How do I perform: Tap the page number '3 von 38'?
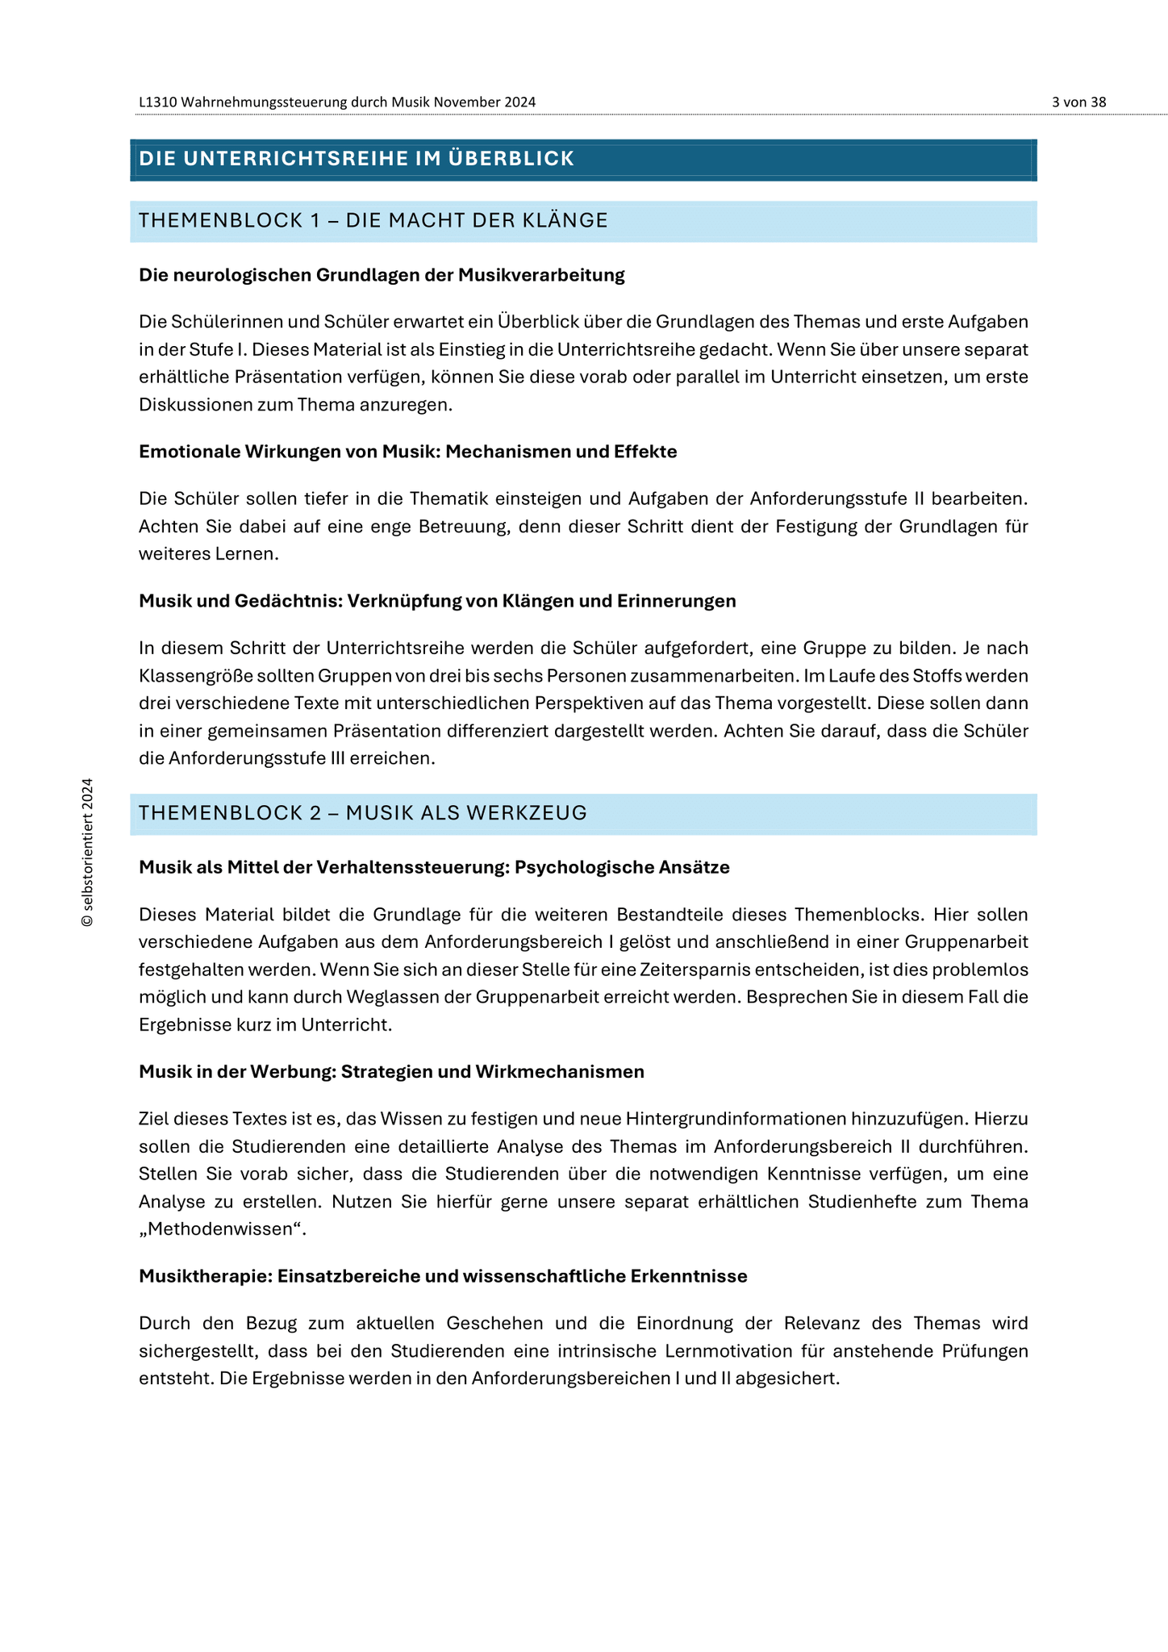coord(1078,102)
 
